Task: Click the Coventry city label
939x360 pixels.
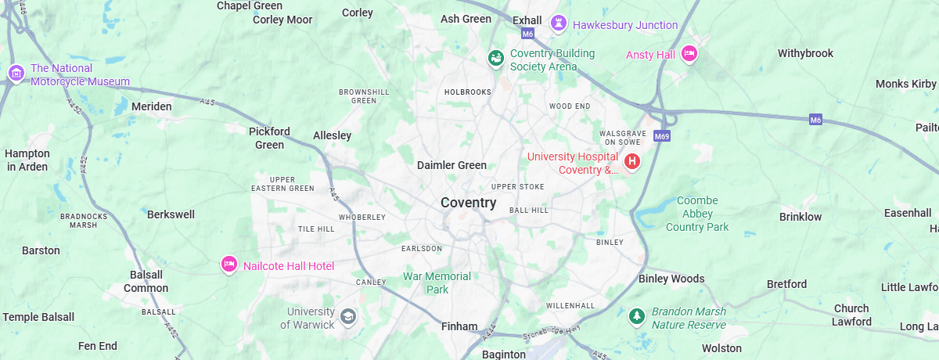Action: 468,203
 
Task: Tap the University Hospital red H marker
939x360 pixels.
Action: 632,162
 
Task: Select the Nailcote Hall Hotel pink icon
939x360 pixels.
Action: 229,265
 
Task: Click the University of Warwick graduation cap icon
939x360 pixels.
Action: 348,317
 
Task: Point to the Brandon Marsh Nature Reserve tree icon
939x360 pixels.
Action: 638,317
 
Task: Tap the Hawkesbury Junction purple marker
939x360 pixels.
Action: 559,23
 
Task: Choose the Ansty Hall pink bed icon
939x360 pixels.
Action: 689,53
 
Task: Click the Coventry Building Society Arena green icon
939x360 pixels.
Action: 495,58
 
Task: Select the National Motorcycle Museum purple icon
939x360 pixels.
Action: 16,74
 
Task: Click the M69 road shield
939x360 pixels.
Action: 663,136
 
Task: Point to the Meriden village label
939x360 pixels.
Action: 151,106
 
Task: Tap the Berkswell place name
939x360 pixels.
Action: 171,214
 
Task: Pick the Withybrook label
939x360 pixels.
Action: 805,53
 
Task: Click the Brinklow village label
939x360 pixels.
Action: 800,216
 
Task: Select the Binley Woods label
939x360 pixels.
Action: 671,279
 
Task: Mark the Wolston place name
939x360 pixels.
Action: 721,347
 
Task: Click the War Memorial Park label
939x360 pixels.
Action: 437,283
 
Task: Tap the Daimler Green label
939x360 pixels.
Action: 452,165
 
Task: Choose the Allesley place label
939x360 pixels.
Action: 332,135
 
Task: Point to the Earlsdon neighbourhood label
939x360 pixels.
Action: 421,248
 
